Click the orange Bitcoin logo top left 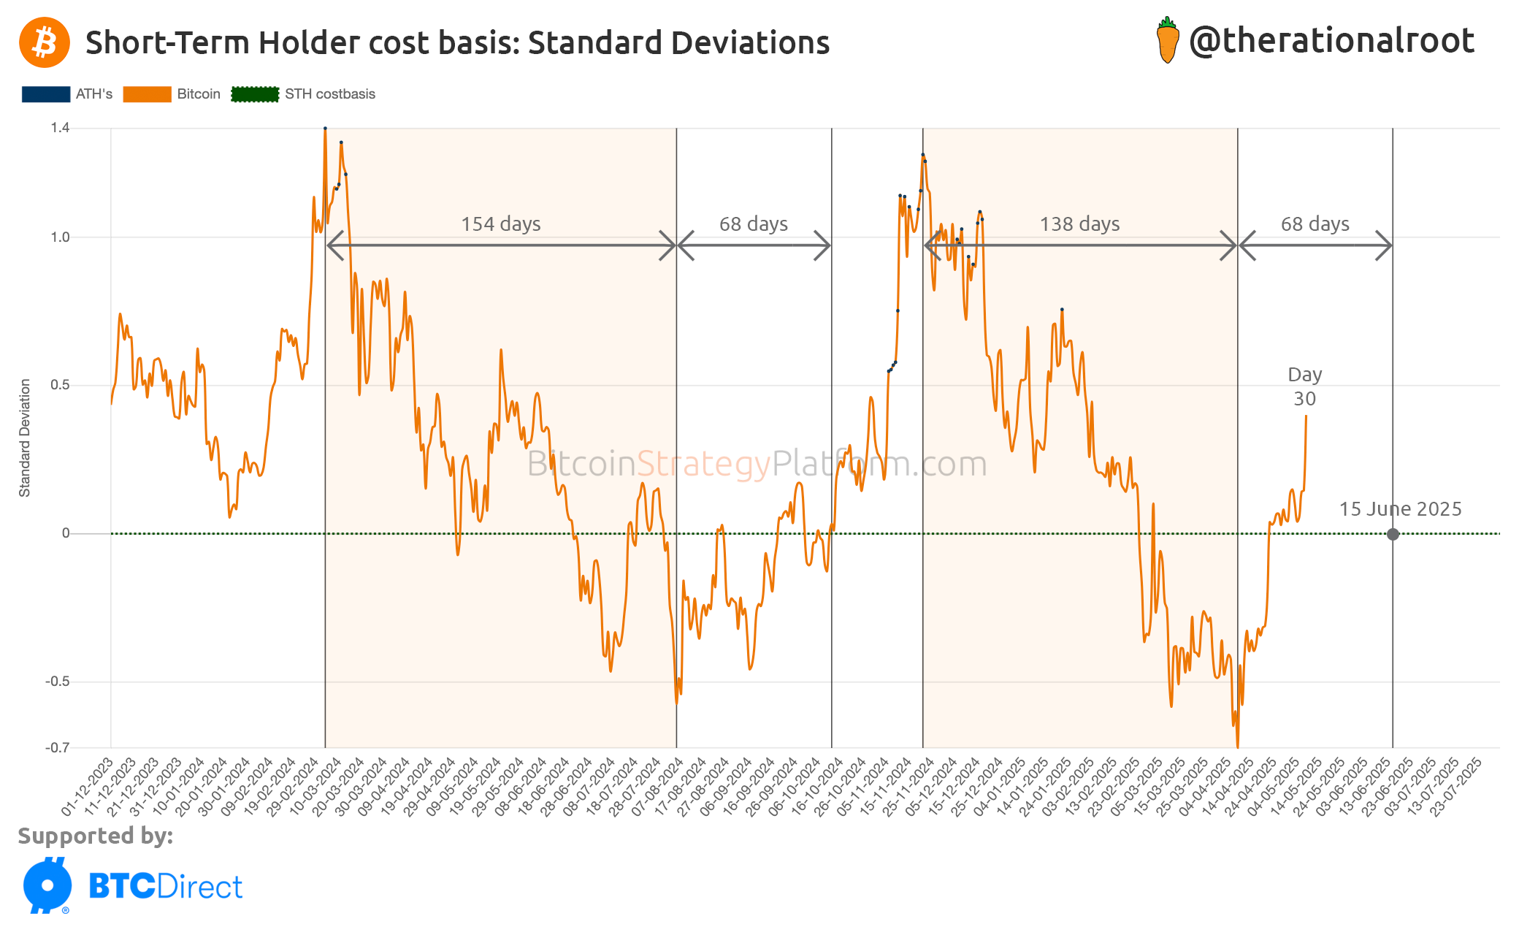tap(45, 42)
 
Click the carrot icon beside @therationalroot tap(1167, 41)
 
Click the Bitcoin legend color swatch tap(147, 94)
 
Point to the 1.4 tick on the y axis tap(60, 128)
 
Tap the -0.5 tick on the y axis tap(58, 682)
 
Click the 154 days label tap(500, 224)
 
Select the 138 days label tap(1079, 224)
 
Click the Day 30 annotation tap(1304, 386)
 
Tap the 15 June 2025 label tap(1400, 509)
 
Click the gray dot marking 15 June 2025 tap(1393, 534)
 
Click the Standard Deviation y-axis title tap(25, 438)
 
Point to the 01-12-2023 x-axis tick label tap(88, 787)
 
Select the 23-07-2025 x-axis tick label tap(1455, 787)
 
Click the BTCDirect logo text tap(165, 887)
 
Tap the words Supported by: tap(96, 836)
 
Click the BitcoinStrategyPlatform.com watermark tap(757, 464)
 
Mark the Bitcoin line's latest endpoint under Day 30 tap(1306, 416)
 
